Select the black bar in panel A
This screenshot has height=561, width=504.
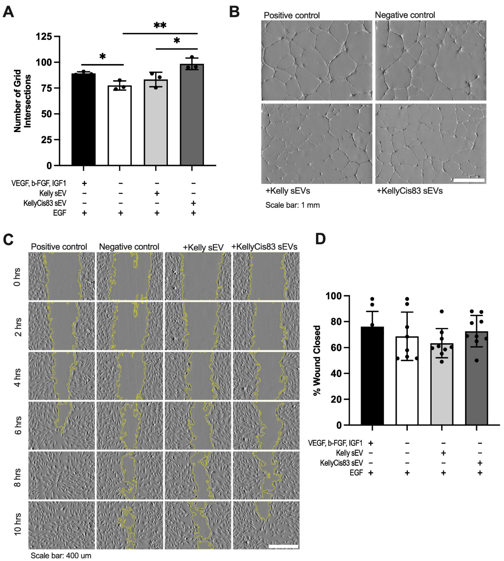click(83, 119)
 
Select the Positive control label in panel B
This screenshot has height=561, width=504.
click(292, 15)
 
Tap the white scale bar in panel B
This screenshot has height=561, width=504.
click(469, 180)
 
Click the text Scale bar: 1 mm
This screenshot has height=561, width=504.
click(292, 205)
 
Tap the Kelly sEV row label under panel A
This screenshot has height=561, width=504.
click(53, 193)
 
